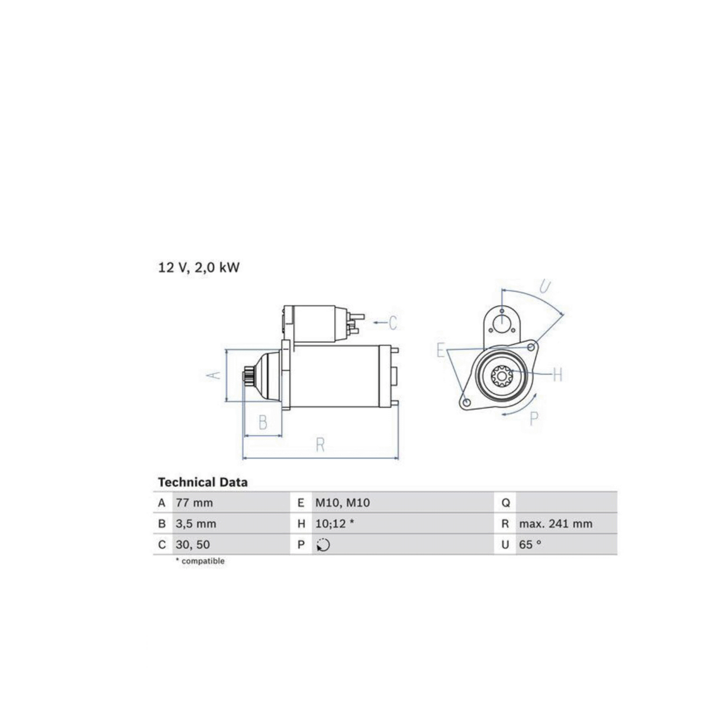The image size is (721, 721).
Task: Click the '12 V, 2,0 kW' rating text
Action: point(199,267)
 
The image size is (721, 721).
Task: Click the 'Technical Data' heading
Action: point(203,482)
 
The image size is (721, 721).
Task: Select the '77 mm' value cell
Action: point(194,503)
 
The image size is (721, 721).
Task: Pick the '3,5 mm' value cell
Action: point(196,524)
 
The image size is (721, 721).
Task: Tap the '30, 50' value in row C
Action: point(193,544)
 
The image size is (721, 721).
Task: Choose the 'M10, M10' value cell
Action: point(342,503)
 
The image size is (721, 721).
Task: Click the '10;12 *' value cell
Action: point(334,524)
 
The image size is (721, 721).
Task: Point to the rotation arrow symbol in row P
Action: point(323,545)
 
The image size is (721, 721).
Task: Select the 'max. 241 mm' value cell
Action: point(556,524)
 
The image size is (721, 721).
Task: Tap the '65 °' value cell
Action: point(530,544)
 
